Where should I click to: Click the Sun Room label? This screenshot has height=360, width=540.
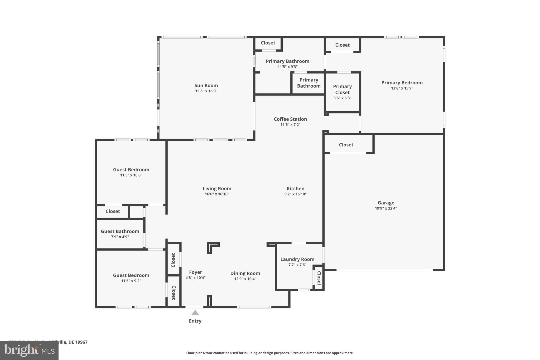(206, 85)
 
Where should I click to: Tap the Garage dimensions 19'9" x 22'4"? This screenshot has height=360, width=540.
(386, 208)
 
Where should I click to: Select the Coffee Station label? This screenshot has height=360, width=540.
(290, 119)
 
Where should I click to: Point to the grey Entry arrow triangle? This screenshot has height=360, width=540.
(195, 313)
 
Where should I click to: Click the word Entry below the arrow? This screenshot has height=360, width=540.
(195, 321)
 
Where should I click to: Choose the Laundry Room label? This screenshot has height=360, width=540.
(297, 259)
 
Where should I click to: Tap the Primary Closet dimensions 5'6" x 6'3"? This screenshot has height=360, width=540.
(342, 98)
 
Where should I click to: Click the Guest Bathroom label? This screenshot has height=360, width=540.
(120, 231)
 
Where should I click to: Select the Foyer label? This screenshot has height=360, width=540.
(195, 272)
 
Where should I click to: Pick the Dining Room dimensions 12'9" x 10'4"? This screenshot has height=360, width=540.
(245, 279)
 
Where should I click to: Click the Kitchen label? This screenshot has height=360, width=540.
(295, 189)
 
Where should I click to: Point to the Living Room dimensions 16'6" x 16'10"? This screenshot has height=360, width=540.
(217, 194)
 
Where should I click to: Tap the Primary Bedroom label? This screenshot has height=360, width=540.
(402, 83)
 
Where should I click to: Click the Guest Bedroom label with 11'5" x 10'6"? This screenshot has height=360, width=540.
(131, 170)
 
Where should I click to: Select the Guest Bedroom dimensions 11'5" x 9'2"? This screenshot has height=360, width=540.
(131, 281)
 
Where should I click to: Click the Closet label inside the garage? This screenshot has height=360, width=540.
(346, 145)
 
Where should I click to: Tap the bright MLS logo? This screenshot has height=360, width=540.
(29, 350)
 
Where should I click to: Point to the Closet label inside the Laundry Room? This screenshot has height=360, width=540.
(319, 278)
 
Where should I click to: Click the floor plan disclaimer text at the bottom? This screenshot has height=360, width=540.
(270, 353)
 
